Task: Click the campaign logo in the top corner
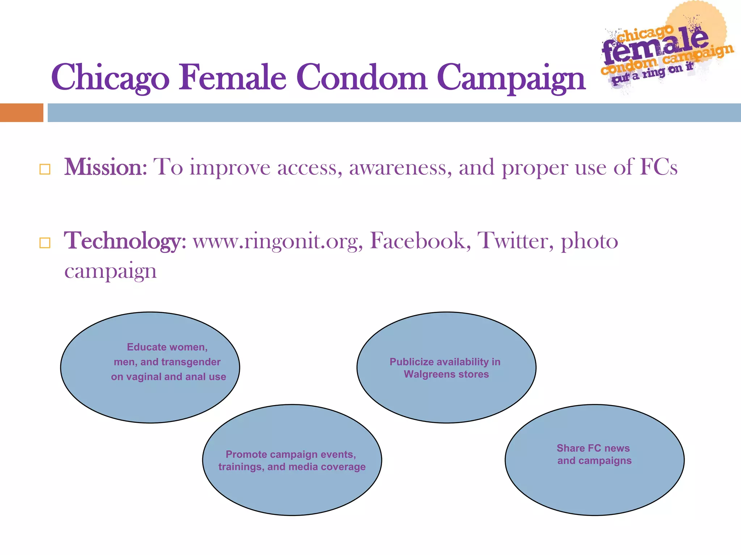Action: coord(666,49)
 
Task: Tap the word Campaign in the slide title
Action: coord(511,78)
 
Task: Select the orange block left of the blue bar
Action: coord(21,113)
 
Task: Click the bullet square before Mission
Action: coord(45,169)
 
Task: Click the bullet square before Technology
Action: coord(45,243)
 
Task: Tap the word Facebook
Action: coord(420,241)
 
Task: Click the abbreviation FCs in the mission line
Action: coord(659,167)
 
